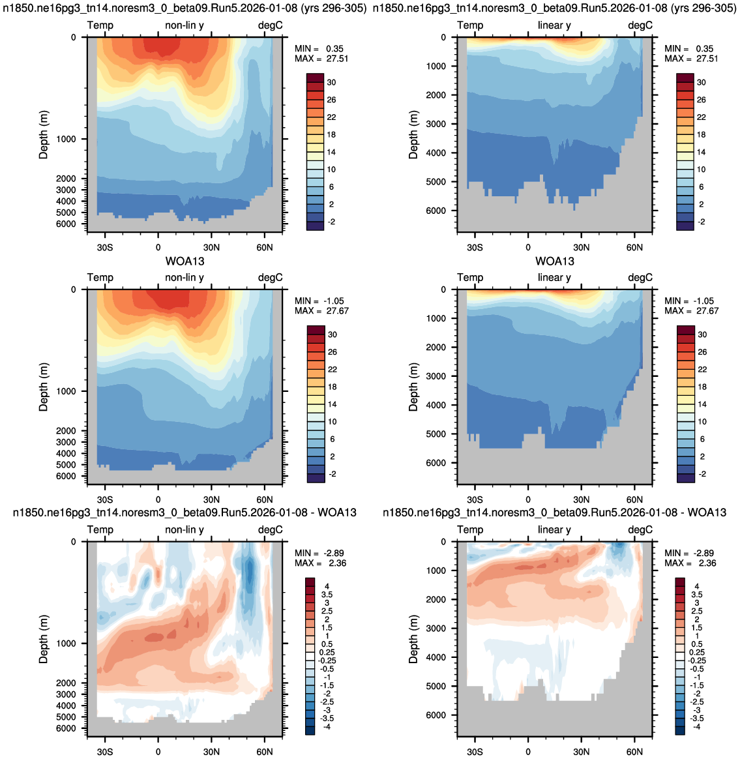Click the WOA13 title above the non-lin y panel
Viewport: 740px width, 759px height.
(185, 261)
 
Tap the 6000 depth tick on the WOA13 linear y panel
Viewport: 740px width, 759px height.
(436, 463)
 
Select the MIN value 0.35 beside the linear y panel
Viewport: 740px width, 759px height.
(705, 48)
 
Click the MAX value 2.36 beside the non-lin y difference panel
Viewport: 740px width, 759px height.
(337, 563)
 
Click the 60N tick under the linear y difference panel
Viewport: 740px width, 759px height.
(634, 752)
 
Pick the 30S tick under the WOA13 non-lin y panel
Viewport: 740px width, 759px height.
(104, 499)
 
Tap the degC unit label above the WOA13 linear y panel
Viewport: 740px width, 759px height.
(640, 277)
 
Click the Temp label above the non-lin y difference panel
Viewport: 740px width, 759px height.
(100, 529)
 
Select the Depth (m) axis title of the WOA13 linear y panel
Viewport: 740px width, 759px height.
(413, 387)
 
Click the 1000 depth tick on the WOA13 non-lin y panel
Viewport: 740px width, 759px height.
(66, 391)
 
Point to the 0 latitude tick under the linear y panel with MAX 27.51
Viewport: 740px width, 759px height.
(528, 247)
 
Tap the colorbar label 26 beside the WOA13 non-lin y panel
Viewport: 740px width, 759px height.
(333, 352)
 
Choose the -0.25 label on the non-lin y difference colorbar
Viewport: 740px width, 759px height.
(326, 661)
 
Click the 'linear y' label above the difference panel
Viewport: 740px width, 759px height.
(555, 529)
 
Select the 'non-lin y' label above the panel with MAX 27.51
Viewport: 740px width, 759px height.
(185, 25)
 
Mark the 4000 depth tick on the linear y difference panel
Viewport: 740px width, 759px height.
(436, 657)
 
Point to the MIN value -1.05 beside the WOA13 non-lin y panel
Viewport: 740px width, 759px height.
(335, 301)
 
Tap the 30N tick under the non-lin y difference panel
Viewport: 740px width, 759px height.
(211, 752)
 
